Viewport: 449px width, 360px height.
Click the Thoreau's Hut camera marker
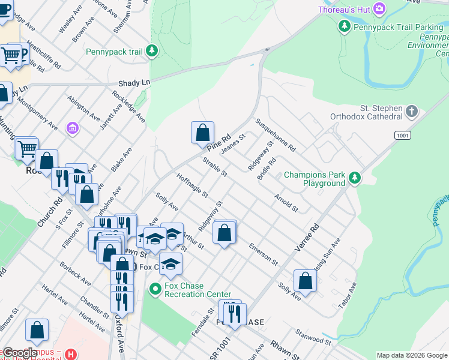[x=379, y=8]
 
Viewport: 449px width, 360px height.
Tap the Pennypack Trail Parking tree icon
[x=344, y=26]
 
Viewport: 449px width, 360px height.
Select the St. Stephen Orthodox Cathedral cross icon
[x=411, y=111]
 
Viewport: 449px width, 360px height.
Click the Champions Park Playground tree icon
[x=355, y=177]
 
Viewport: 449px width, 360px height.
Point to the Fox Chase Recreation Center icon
[x=155, y=289]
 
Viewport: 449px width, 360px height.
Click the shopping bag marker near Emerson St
[x=224, y=232]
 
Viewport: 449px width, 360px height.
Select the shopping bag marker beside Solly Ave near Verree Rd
[x=305, y=281]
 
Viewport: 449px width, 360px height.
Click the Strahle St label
[x=215, y=167]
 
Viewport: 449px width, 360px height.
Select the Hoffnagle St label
[x=192, y=185]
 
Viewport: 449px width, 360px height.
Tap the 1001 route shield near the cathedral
[x=402, y=136]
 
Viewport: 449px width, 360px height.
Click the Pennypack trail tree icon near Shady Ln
[x=152, y=52]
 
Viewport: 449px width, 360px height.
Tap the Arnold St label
[x=286, y=203]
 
